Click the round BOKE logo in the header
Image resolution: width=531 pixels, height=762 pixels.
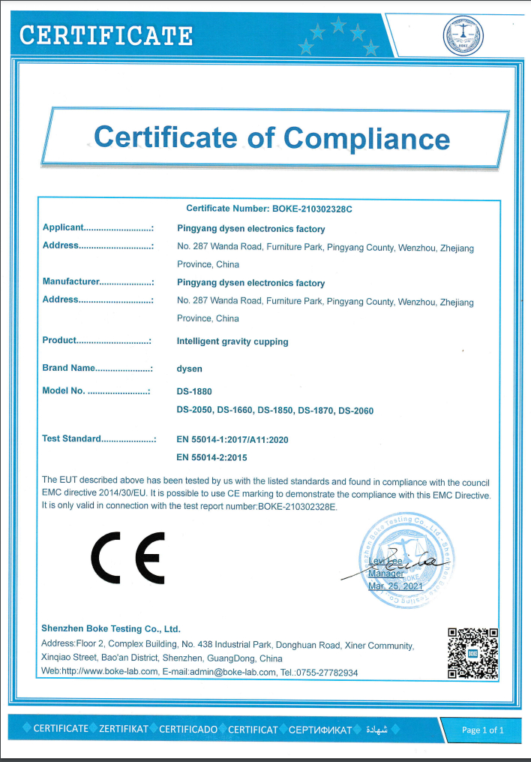pyautogui.click(x=463, y=35)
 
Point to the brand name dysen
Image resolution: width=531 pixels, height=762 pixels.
pyautogui.click(x=189, y=369)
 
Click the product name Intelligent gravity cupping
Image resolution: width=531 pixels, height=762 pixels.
pyautogui.click(x=232, y=342)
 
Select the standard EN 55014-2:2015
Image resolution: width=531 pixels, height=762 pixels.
pyautogui.click(x=211, y=456)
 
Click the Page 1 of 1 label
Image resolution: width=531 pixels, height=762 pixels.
pyautogui.click(x=482, y=730)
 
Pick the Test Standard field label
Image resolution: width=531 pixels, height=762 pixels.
pyautogui.click(x=71, y=438)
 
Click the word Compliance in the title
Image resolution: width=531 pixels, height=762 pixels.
pyautogui.click(x=366, y=138)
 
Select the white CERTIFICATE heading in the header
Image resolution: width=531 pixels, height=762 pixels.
pyautogui.click(x=106, y=35)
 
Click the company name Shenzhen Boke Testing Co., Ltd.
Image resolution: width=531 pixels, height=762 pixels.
pyautogui.click(x=111, y=629)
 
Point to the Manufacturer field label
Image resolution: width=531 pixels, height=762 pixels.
pyautogui.click(x=71, y=282)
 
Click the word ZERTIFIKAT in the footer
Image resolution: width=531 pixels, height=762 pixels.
pyautogui.click(x=123, y=729)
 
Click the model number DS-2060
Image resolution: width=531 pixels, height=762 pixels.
pyautogui.click(x=355, y=411)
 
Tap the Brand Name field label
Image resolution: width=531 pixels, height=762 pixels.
pyautogui.click(x=69, y=368)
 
